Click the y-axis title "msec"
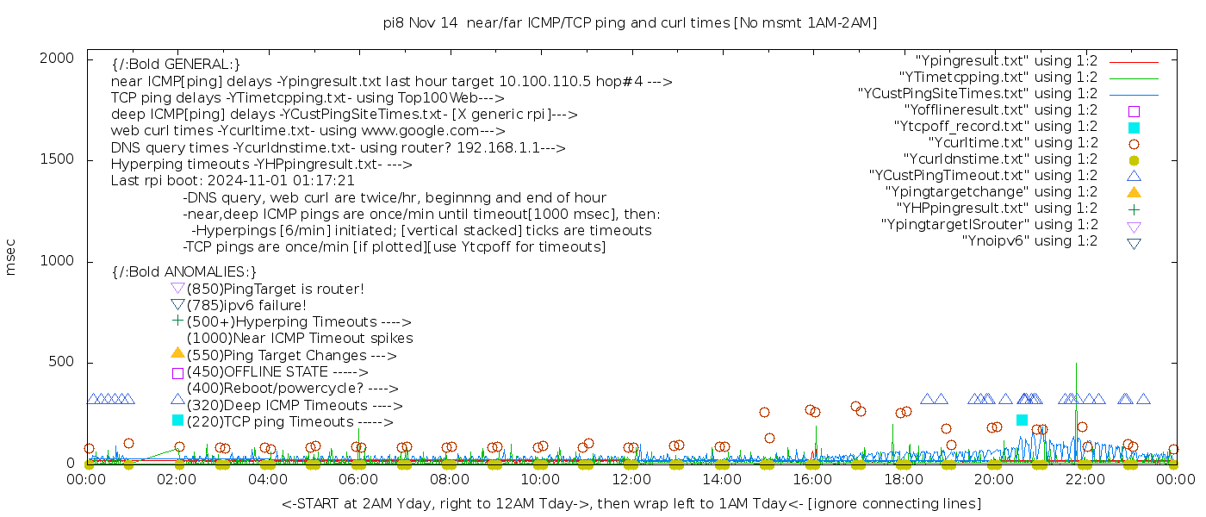pyautogui.click(x=11, y=257)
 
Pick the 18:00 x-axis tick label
pyautogui.click(x=904, y=479)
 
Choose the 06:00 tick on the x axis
pyautogui.click(x=359, y=479)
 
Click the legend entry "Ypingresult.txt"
pyautogui.click(x=1006, y=61)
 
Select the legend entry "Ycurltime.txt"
pyautogui.click(x=1013, y=143)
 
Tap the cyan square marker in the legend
pyautogui.click(x=1134, y=128)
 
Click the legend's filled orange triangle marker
pyautogui.click(x=1134, y=192)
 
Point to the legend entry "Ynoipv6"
pyautogui.click(x=1029, y=241)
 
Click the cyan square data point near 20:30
pyautogui.click(x=1022, y=420)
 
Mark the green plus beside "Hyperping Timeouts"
pyautogui.click(x=177, y=321)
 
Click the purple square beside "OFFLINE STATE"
pyautogui.click(x=177, y=372)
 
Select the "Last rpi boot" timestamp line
pyautogui.click(x=233, y=181)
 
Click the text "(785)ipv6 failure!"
pyautogui.click(x=246, y=305)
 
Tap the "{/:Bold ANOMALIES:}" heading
pyautogui.click(x=184, y=272)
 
